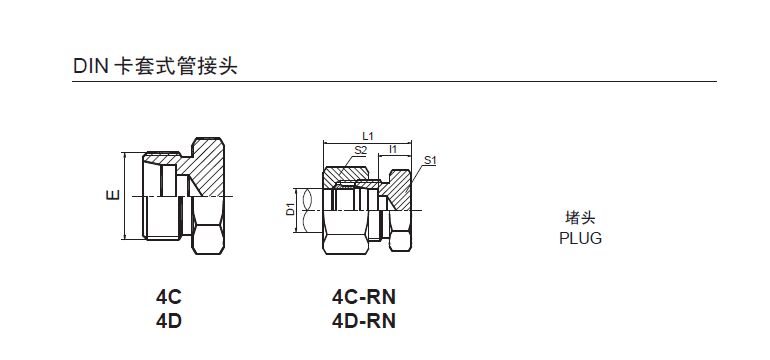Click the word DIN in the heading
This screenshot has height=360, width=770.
(x=90, y=66)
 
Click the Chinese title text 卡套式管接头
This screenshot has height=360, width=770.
(x=175, y=66)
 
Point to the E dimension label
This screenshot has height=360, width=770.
(x=113, y=195)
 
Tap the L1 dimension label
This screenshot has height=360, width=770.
(x=367, y=136)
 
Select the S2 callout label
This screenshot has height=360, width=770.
(x=361, y=150)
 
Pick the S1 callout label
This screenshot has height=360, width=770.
(x=430, y=160)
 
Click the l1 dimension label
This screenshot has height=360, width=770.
(x=393, y=149)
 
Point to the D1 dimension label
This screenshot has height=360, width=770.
(x=290, y=209)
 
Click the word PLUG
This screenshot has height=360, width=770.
(x=580, y=238)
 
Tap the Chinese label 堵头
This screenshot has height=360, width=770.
(x=580, y=218)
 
